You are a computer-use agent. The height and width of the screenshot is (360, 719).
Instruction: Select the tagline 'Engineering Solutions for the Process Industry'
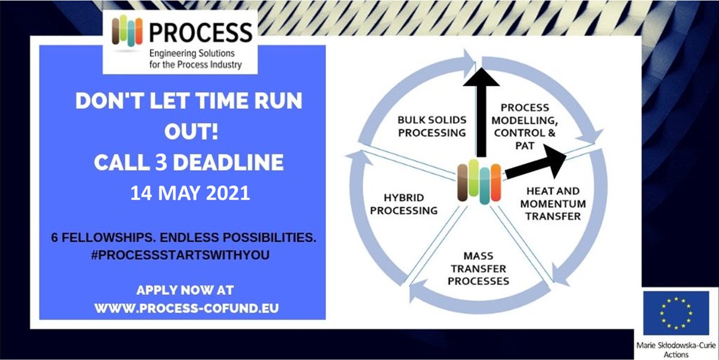194,59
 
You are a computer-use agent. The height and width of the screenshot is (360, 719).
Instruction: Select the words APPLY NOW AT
185,290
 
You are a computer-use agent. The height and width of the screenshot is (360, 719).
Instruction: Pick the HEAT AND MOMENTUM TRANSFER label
552,204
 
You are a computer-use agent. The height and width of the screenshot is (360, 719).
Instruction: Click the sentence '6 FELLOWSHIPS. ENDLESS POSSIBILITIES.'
183,238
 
